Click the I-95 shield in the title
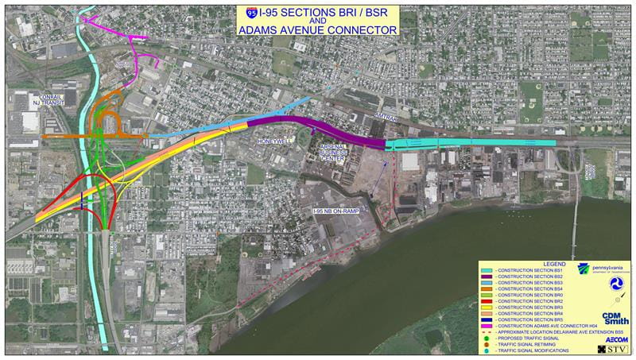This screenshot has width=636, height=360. pyautogui.click(x=252, y=14)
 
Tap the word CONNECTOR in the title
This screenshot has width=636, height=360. pyautogui.click(x=358, y=29)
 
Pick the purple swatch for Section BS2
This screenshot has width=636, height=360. pyautogui.click(x=487, y=277)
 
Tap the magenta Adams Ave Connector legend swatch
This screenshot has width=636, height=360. pyautogui.click(x=487, y=327)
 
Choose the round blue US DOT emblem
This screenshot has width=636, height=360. pyautogui.click(x=616, y=284)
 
